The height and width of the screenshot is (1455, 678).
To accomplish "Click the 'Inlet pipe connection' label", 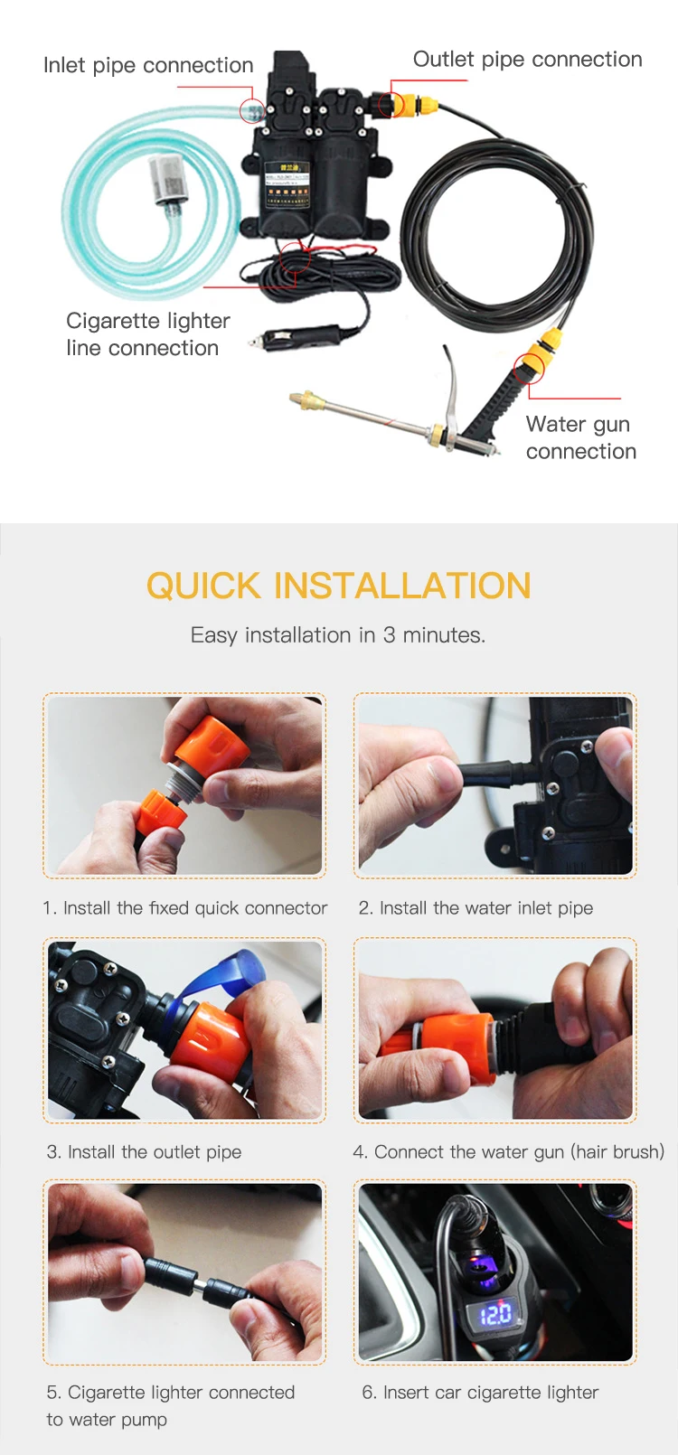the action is [148, 66].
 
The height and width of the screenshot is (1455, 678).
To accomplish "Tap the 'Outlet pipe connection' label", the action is [527, 60].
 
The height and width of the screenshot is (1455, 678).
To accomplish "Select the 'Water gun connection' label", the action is [580, 437].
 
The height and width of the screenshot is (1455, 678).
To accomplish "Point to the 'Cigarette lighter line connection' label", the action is [147, 334].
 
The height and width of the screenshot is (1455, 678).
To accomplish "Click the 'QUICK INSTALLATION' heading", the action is [339, 586].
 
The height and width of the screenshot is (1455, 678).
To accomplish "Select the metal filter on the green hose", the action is [168, 179].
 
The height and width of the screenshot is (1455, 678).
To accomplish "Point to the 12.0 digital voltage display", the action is [494, 1314].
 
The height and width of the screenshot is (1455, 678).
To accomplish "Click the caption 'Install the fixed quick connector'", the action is [195, 908].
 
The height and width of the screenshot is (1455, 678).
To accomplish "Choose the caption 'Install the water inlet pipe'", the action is [486, 908].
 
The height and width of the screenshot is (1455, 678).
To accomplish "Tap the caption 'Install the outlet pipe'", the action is [155, 1152].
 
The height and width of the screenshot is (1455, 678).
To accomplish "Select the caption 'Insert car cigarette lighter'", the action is [491, 1393].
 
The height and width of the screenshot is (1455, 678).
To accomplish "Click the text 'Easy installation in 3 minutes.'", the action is [338, 634].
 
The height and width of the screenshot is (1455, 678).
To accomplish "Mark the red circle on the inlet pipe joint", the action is [252, 111].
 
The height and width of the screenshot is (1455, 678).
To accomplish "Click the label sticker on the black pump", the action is [287, 185].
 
